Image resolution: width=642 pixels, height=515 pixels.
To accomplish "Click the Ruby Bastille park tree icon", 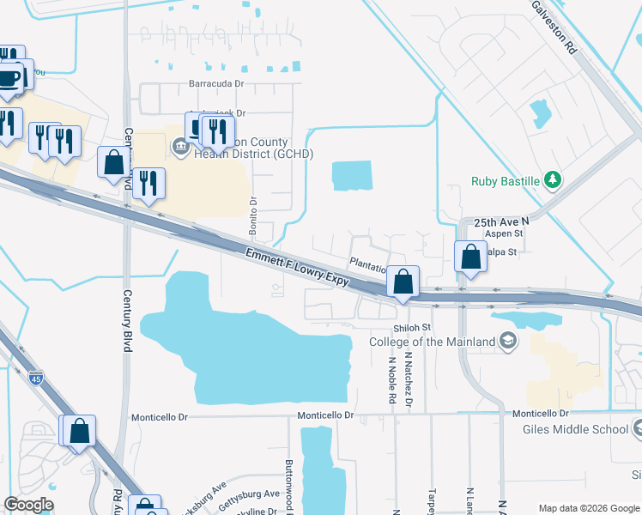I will (554, 180).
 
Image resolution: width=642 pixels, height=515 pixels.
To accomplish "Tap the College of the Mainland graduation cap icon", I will (510, 342).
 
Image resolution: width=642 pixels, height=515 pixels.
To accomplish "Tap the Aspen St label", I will (504, 233).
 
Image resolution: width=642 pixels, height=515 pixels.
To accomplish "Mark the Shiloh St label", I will (412, 328).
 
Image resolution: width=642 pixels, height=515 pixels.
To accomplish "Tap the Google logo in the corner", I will (28, 505).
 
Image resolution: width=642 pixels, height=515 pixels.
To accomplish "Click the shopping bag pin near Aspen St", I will (470, 257).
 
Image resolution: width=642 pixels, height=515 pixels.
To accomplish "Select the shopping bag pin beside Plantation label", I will (403, 282).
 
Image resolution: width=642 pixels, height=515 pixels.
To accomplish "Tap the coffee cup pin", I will (9, 78).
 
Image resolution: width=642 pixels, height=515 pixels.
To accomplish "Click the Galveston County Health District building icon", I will (179, 147).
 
